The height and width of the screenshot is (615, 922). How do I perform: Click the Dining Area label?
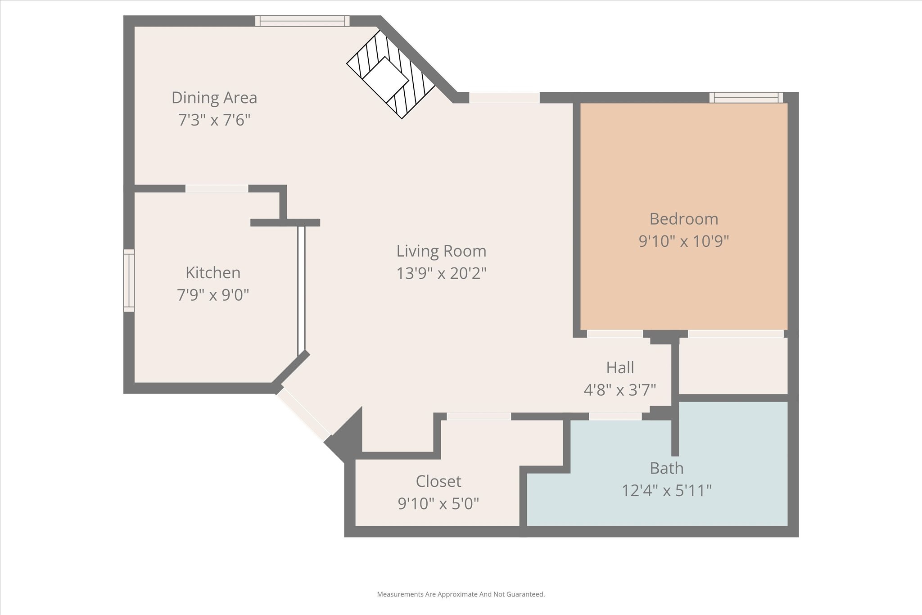tap(214, 98)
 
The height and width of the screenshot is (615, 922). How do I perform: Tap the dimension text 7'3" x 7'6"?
tap(214, 120)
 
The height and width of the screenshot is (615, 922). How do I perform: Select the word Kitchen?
tap(213, 272)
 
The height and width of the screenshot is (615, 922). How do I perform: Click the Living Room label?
tap(441, 251)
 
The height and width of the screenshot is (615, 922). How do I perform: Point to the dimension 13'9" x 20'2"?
tap(441, 273)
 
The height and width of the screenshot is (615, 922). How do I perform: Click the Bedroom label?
tap(683, 219)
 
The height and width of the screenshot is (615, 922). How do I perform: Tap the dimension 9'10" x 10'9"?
tap(683, 241)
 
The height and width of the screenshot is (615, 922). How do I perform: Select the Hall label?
tap(620, 367)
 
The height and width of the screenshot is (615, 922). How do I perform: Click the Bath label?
tap(666, 468)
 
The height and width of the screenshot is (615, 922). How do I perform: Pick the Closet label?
tap(438, 481)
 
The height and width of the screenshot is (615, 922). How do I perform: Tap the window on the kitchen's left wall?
tap(129, 280)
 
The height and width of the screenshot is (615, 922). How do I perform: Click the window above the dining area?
tap(302, 21)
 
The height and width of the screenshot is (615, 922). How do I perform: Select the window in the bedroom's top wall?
tap(746, 97)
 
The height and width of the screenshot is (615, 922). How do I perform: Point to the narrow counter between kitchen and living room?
tap(301, 290)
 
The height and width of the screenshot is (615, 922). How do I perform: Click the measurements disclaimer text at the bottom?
tap(461, 594)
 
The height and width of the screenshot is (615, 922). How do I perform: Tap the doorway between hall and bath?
tap(615, 416)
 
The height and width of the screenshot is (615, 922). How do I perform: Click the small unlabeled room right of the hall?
tap(733, 366)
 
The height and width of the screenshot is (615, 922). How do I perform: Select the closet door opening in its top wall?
tap(479, 416)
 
